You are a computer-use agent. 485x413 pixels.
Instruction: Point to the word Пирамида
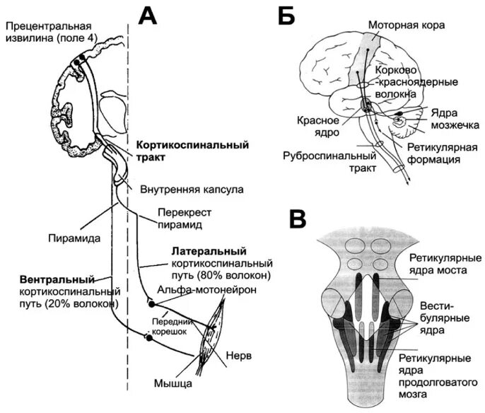69,238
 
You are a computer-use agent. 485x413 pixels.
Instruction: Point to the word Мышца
173,384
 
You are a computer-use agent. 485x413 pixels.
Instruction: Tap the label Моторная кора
406,23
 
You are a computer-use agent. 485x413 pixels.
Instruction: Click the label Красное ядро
316,126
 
